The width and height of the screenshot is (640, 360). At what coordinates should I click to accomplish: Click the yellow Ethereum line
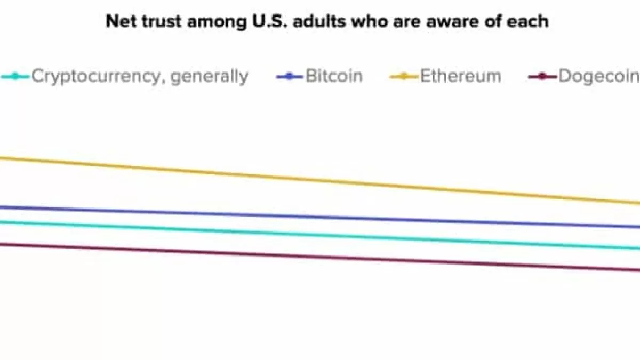click(x=320, y=180)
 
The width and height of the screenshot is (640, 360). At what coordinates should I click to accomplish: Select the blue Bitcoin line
click(x=320, y=217)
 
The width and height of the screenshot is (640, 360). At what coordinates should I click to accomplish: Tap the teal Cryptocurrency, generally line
click(x=320, y=235)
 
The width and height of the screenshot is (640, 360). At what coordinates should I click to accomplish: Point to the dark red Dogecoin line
click(x=320, y=257)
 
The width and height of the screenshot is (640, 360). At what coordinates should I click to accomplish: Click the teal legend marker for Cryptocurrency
click(x=15, y=76)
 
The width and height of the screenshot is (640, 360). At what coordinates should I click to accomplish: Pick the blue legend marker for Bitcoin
click(x=290, y=76)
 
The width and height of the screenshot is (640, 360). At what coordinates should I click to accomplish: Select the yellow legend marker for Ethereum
click(x=404, y=76)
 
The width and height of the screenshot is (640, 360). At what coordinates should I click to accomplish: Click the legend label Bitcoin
click(x=334, y=76)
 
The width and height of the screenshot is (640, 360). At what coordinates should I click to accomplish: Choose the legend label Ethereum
click(x=461, y=76)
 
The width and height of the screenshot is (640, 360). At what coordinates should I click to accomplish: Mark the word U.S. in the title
click(x=261, y=21)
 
